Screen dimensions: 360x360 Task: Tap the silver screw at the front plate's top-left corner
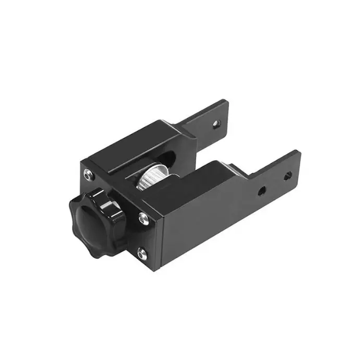coord(87,174)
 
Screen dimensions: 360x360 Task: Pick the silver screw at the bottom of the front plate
coord(141,255)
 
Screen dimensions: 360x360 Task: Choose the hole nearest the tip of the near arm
coord(286,176)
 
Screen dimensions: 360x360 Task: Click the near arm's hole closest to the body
coord(262,191)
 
